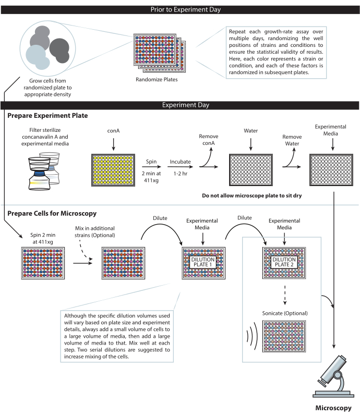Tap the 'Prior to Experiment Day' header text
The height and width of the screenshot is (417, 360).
click(x=180, y=8)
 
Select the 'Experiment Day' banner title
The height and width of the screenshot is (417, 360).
click(x=180, y=105)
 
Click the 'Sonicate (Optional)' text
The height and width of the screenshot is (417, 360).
click(x=283, y=313)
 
